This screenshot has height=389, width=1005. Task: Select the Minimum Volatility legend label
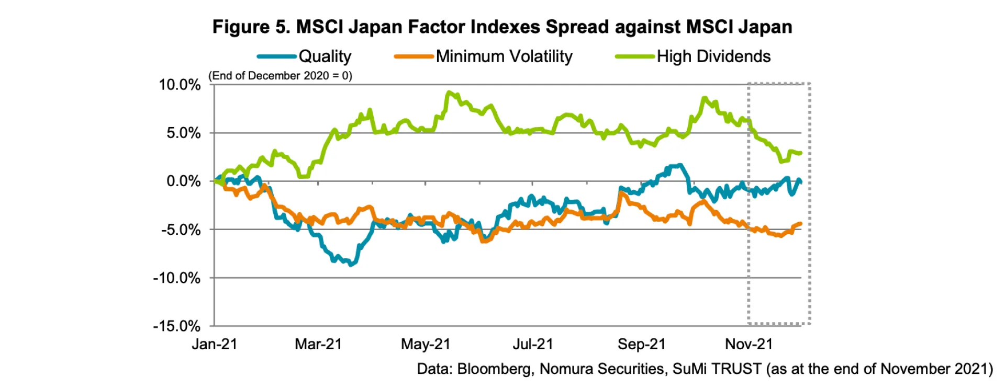(x=504, y=56)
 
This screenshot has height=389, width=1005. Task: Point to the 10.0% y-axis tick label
(x=180, y=85)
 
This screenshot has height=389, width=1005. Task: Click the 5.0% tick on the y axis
(x=183, y=133)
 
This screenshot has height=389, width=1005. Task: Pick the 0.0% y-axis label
(x=183, y=181)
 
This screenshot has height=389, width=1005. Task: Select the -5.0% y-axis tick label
(x=181, y=230)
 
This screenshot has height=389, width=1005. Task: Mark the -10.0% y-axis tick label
(x=177, y=278)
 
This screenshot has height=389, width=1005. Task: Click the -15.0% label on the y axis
(x=177, y=326)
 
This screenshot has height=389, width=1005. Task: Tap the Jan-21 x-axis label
(x=215, y=344)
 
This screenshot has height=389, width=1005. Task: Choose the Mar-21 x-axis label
(x=318, y=344)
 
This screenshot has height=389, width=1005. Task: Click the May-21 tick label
(x=426, y=344)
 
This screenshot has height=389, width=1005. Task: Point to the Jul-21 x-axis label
(x=532, y=344)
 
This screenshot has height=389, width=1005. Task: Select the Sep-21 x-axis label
(x=641, y=344)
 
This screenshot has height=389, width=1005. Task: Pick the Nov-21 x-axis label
(x=749, y=344)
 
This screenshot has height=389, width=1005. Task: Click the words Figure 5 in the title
(x=251, y=27)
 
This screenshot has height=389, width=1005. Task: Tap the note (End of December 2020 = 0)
(x=281, y=76)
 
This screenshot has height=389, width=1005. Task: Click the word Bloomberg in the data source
(x=494, y=369)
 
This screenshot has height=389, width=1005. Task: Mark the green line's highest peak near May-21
(x=449, y=93)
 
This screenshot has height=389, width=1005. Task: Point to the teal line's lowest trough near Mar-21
(x=351, y=265)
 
